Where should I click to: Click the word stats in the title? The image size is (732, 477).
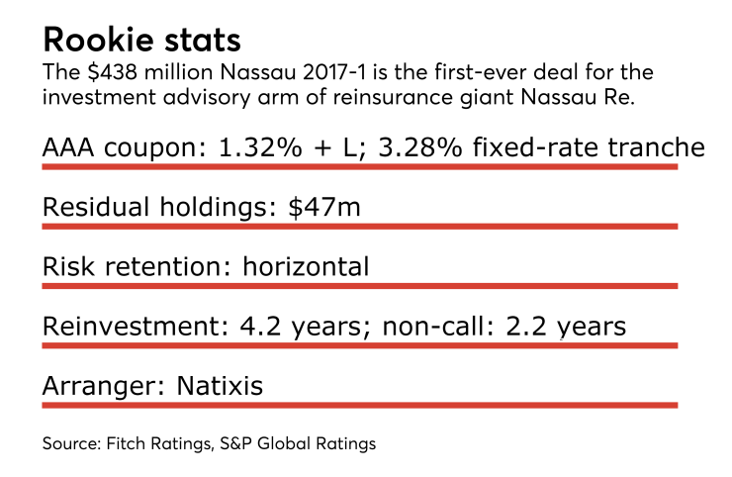pos(204,42)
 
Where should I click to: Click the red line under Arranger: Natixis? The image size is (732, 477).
pos(359,404)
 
